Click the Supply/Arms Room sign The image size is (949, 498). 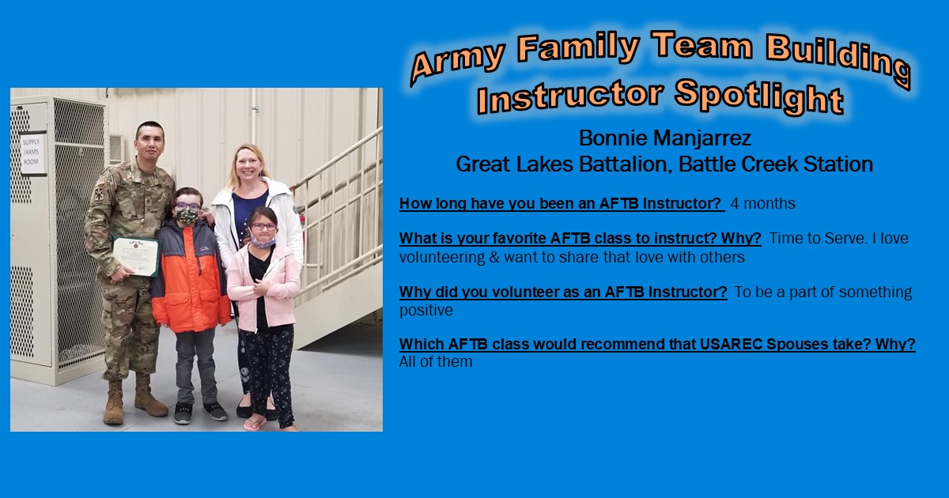point(32,153)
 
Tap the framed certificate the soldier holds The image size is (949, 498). point(135,257)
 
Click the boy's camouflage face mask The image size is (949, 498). point(187,216)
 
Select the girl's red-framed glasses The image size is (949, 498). point(263,227)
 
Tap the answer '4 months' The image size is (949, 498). point(762,203)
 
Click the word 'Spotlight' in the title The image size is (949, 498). point(758,97)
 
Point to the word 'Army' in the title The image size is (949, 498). point(459,62)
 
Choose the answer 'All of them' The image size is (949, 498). point(436,362)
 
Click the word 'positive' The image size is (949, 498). point(425,311)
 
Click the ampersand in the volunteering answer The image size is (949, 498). point(494,257)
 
